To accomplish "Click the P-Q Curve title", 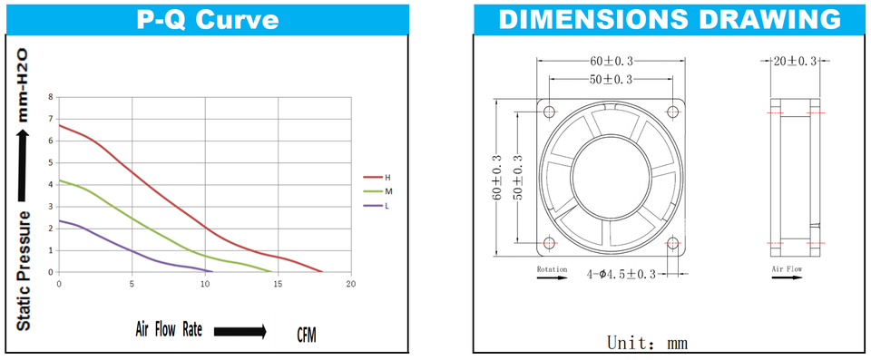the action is coord(208,20).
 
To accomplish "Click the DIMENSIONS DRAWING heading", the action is coord(670,19).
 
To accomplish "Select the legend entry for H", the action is coord(377,177).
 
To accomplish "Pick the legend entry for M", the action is coord(377,191).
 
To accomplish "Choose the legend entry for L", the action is coord(376,206).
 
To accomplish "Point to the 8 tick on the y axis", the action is coord(51,97).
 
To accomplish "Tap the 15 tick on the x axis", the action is coord(279,284).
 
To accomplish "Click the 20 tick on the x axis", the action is coord(351,284).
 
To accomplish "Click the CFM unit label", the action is coord(308,336).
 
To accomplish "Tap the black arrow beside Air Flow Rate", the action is coord(240,332).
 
